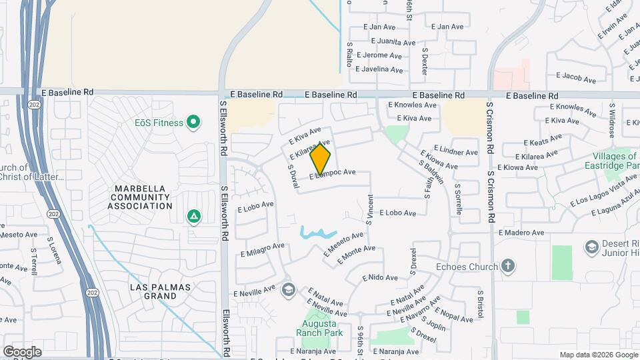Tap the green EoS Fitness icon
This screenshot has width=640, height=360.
pos(193,122)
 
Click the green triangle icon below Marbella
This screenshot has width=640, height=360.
pos(193,216)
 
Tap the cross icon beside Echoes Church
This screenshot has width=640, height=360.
pos(508,267)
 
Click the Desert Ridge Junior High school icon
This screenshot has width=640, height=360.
pos(591,247)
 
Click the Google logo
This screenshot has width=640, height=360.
pos(22,351)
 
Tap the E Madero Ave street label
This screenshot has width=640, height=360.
pos(522,233)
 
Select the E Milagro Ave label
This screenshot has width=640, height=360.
pos(263,249)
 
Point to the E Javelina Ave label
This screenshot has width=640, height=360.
pos(379,69)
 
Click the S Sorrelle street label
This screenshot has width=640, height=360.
pos(459,199)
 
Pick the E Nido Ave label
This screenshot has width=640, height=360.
pos(380,277)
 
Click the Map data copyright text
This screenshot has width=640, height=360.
pos(598,355)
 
